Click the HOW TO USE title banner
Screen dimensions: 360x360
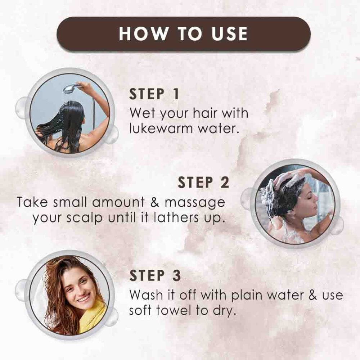(x=184, y=33)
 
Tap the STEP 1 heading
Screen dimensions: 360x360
(x=154, y=94)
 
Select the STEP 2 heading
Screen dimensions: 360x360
(x=203, y=183)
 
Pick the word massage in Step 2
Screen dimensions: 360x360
(x=195, y=202)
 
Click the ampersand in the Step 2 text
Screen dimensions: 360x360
(x=155, y=202)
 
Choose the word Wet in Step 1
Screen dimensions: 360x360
(x=143, y=113)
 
